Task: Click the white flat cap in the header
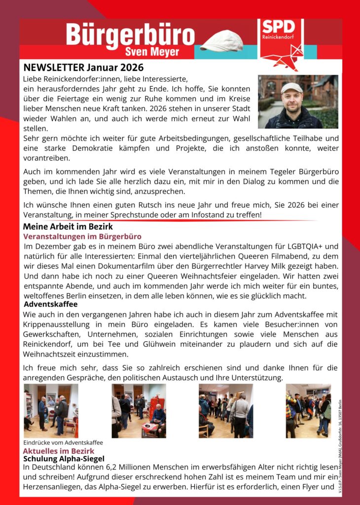[222, 40]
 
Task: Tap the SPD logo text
[278, 27]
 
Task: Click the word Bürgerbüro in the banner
[130, 35]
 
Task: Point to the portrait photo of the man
[298, 102]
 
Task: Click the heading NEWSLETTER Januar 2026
[83, 68]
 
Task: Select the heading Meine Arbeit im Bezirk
[68, 227]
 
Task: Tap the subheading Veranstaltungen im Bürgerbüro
[82, 237]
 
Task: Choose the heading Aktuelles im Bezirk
[58, 451]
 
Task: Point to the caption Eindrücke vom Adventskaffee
[63, 442]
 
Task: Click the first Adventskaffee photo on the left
[51, 411]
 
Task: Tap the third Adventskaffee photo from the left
[225, 411]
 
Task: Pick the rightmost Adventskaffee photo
[308, 411]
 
